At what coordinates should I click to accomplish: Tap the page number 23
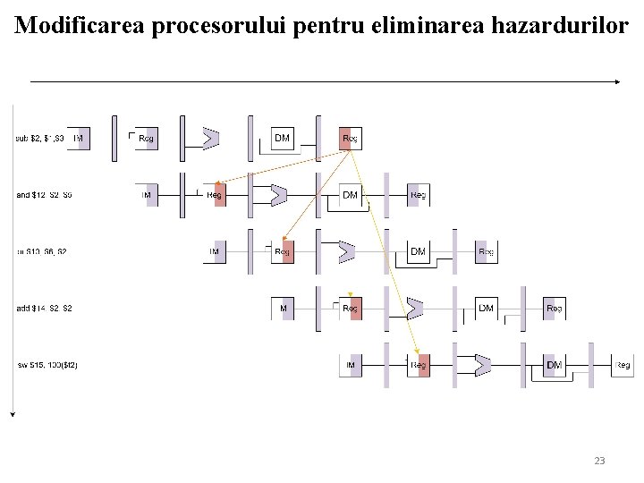click(599, 461)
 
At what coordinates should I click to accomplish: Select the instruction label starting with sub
click(40, 139)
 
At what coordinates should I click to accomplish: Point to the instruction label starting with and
click(44, 195)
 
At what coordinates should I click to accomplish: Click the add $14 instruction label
click(44, 309)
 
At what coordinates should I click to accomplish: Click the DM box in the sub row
click(282, 139)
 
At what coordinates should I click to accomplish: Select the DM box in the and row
click(350, 195)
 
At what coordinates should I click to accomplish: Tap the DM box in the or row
click(418, 251)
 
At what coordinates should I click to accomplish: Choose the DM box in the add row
click(486, 309)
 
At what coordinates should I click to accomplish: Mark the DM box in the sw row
click(554, 365)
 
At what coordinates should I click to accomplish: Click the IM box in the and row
click(147, 195)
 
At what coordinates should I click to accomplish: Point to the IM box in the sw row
click(351, 365)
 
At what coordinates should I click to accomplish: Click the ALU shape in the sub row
click(211, 139)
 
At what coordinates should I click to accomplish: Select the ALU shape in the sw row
click(483, 365)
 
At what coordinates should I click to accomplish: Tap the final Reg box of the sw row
click(623, 365)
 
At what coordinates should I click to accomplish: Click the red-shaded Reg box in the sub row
click(351, 139)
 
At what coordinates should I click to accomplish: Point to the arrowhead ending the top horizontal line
click(616, 81)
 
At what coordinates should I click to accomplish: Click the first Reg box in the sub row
click(147, 139)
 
